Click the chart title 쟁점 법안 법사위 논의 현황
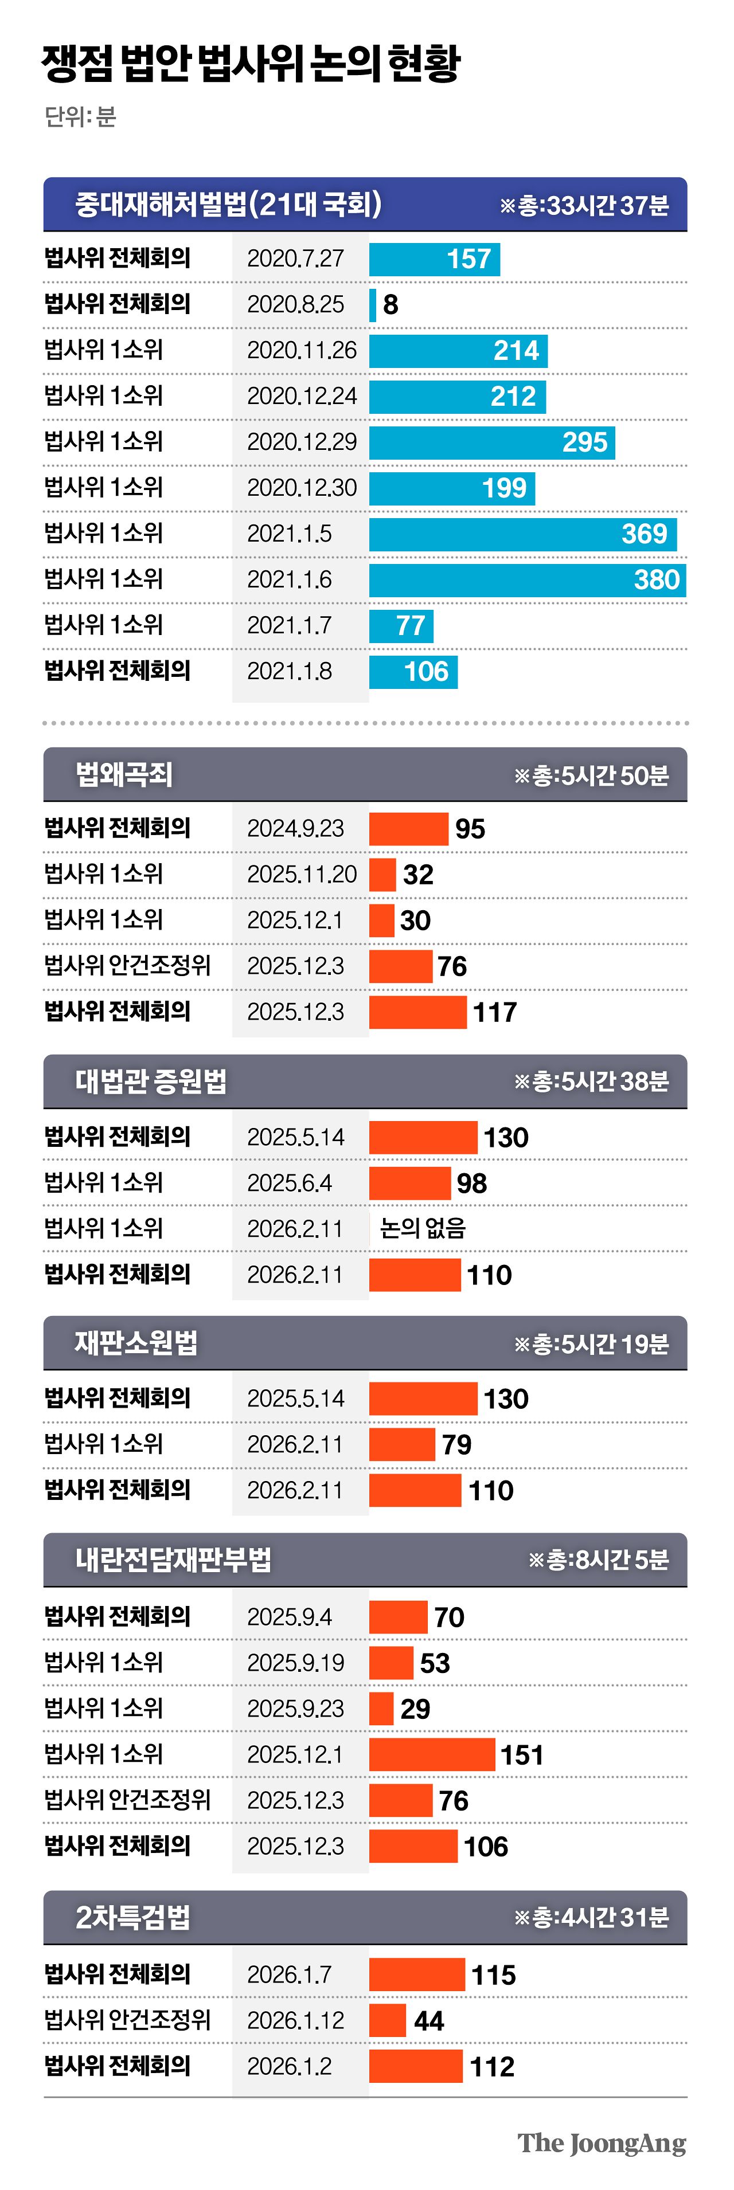click(x=251, y=64)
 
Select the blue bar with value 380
click(x=528, y=580)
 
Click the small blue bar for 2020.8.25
click(x=373, y=304)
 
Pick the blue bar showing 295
click(x=491, y=442)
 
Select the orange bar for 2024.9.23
click(x=408, y=829)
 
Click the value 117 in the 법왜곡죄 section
click(x=494, y=1012)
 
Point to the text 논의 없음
click(x=423, y=1228)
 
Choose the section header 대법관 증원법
click(x=151, y=1082)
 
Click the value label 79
click(x=456, y=1444)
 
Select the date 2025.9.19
click(x=295, y=1663)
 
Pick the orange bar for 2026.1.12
click(x=387, y=2020)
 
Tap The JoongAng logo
click(x=602, y=2142)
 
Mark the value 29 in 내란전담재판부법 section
click(x=415, y=1709)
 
